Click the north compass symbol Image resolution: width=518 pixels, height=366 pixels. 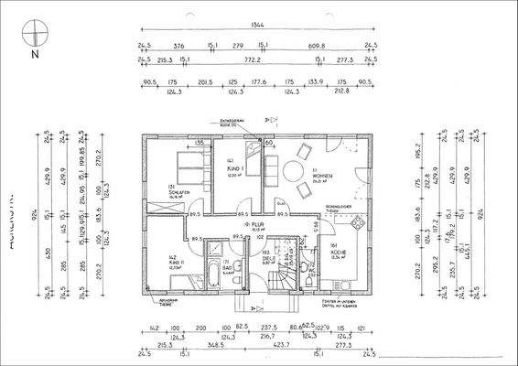[x=33, y=38]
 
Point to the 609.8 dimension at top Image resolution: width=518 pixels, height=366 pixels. [x=318, y=44]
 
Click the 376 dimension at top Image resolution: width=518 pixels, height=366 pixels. [x=179, y=44]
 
